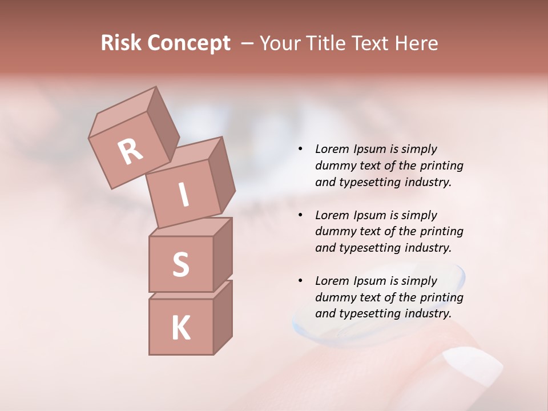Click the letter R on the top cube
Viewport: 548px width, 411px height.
(x=130, y=151)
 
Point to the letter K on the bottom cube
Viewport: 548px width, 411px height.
(x=180, y=328)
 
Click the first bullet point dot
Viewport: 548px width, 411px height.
(x=300, y=149)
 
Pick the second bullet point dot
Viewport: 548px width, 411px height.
(x=300, y=215)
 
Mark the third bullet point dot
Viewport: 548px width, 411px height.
(x=300, y=281)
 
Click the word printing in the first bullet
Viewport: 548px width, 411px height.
(x=442, y=166)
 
